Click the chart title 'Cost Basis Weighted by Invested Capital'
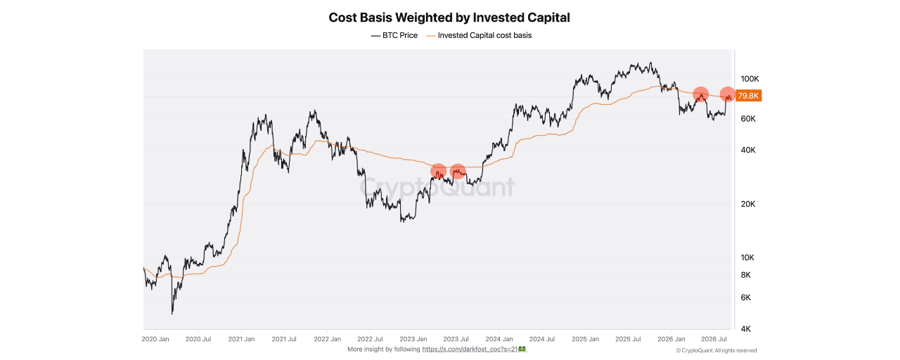point(449,18)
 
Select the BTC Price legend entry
point(394,35)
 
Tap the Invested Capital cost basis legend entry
point(479,35)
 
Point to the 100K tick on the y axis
point(750,79)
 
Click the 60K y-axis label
point(748,119)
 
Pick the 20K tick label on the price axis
point(748,204)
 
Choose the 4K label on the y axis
point(746,329)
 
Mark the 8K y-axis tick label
point(746,275)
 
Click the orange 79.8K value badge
point(748,96)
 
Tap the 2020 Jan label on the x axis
point(155,339)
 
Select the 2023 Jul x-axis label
point(456,339)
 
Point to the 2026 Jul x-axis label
point(714,339)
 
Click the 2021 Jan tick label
point(241,339)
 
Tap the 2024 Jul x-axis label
point(542,339)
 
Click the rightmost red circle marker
point(727,94)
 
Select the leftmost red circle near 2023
point(438,171)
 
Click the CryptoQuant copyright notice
point(716,351)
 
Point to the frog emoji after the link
point(522,349)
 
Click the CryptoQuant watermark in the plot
point(437,187)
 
